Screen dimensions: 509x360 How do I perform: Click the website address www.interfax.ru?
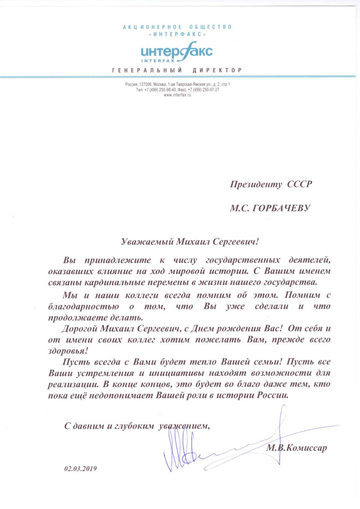pos(177,96)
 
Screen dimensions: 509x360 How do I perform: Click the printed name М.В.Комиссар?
pos(296,448)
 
